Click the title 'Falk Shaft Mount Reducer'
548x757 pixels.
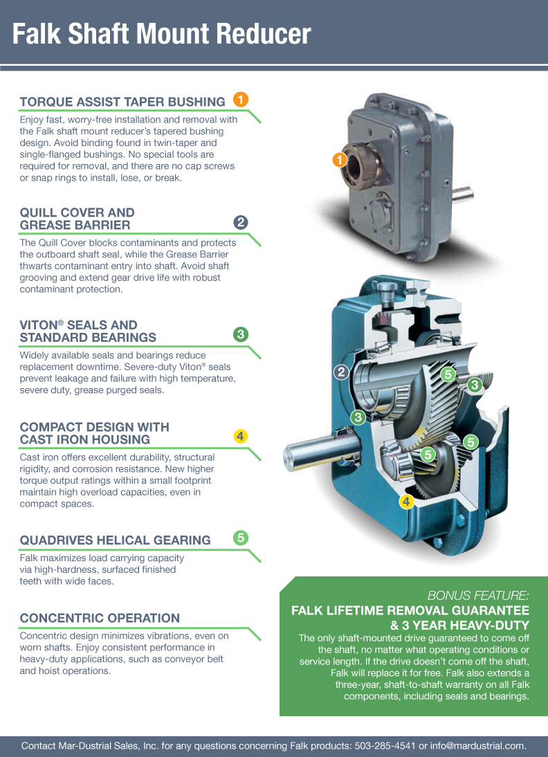coord(161,34)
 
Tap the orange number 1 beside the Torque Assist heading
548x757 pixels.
coord(241,100)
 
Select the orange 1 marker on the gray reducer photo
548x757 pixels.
coord(340,159)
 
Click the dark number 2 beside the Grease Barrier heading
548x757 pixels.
coord(241,223)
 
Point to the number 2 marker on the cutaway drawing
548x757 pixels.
coord(341,372)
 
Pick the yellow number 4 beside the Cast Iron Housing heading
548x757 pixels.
coord(241,437)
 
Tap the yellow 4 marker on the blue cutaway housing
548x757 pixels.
coord(407,502)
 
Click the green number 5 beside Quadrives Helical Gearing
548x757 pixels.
coord(241,538)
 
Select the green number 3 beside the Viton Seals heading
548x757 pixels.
coord(241,334)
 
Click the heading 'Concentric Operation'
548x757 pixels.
coord(100,618)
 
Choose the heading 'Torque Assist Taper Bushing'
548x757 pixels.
coord(122,102)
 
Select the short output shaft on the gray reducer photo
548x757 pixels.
coord(462,194)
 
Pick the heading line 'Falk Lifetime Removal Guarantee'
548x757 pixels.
coord(410,611)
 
